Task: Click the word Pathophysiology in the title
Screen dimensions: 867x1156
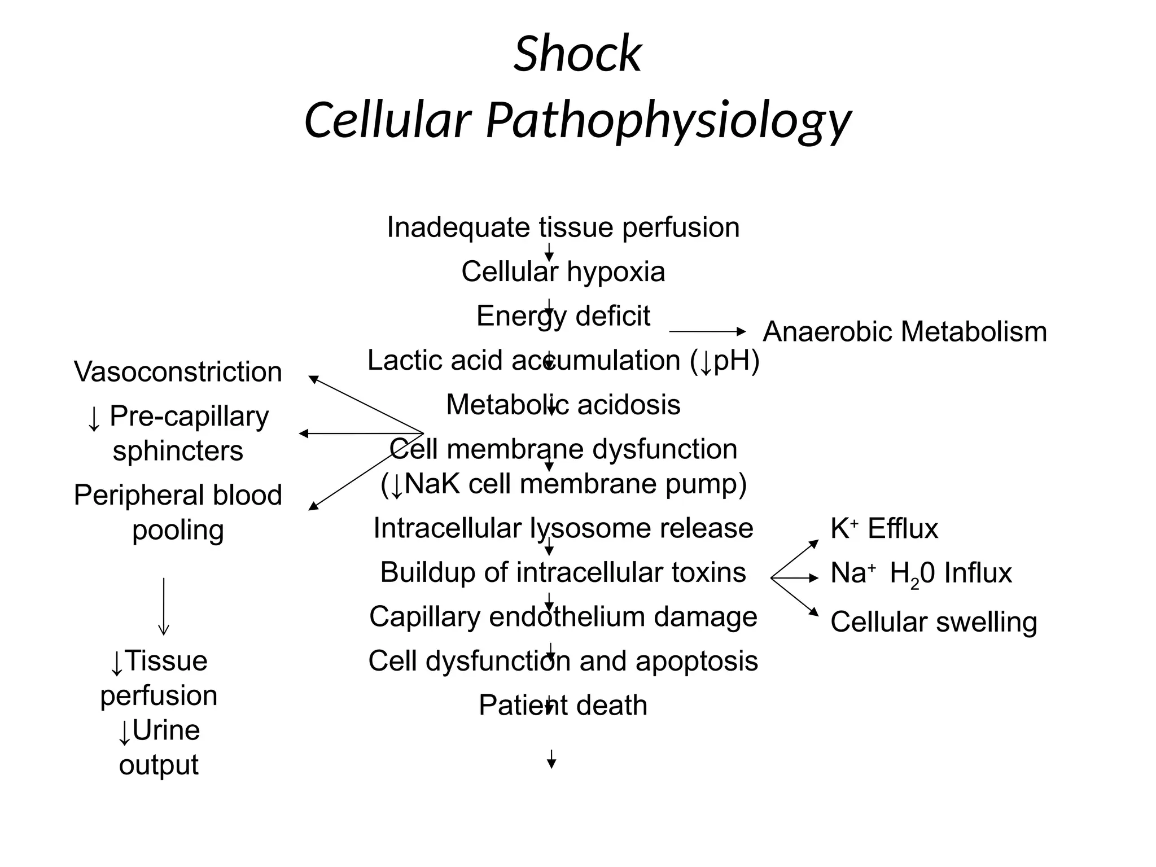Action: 668,120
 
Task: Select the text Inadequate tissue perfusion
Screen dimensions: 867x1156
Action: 563,227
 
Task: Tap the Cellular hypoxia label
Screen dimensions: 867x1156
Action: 563,272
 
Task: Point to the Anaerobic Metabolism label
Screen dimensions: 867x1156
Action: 904,331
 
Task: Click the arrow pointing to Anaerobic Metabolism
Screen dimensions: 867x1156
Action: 707,331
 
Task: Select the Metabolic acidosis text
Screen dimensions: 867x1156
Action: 563,405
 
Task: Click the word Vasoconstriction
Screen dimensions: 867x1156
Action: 178,372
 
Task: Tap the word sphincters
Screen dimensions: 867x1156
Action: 178,451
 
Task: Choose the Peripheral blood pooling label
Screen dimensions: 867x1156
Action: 178,512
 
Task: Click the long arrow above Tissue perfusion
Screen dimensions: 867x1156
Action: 164,606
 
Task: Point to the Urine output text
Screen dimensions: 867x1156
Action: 159,747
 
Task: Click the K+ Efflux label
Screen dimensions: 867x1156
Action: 884,529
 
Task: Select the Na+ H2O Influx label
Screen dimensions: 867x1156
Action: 921,573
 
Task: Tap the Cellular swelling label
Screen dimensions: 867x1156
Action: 934,622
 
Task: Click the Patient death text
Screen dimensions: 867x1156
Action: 563,706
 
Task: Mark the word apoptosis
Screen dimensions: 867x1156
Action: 697,661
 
